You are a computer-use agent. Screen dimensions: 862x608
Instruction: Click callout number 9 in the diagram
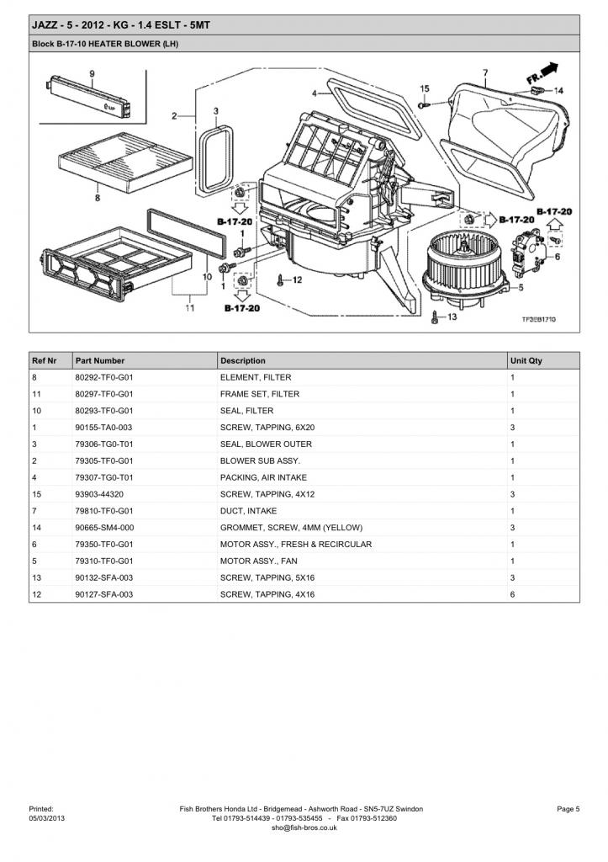pyautogui.click(x=92, y=73)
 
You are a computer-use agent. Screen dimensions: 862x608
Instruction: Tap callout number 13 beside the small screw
pyautogui.click(x=452, y=317)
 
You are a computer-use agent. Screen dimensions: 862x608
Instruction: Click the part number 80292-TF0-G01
pyautogui.click(x=104, y=378)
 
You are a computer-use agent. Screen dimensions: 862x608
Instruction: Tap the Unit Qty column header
pyautogui.click(x=526, y=361)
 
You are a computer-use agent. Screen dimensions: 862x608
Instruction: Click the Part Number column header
pyautogui.click(x=100, y=361)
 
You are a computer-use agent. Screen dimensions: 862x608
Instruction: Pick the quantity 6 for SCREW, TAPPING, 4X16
pyautogui.click(x=512, y=594)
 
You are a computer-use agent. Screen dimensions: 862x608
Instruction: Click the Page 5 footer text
pyautogui.click(x=568, y=809)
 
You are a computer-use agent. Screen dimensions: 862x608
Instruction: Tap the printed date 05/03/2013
pyautogui.click(x=46, y=818)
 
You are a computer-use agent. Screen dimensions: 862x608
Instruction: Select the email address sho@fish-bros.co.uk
pyautogui.click(x=304, y=827)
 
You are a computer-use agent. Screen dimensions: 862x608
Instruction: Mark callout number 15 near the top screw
pyautogui.click(x=425, y=88)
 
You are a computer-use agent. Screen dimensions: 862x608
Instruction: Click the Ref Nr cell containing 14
pyautogui.click(x=36, y=528)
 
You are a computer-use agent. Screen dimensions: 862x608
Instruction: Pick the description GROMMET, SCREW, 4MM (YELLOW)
pyautogui.click(x=291, y=528)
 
